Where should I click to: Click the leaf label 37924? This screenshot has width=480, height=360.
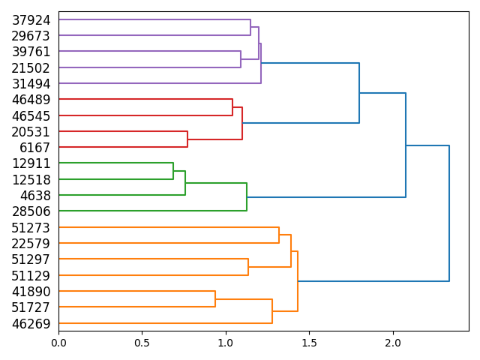[31, 20]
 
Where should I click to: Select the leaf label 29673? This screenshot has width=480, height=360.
[31, 36]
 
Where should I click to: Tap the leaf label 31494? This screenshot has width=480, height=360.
[31, 84]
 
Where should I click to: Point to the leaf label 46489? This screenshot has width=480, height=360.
[31, 100]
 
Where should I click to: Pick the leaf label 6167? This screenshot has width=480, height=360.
[35, 148]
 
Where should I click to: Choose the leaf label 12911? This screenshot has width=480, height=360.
[31, 163]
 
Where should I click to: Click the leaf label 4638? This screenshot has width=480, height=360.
[35, 196]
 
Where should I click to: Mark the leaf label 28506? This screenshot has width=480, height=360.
[31, 211]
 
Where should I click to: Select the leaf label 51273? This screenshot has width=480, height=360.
[31, 227]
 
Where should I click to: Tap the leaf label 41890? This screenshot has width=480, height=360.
[31, 291]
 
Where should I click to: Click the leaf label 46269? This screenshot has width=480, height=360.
[31, 323]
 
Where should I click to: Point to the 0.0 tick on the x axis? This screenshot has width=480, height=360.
[58, 342]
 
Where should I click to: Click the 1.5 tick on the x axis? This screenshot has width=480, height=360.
[309, 342]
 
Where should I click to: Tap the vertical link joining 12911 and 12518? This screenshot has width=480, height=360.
[173, 171]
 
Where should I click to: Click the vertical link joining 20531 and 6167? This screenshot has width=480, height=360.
[187, 139]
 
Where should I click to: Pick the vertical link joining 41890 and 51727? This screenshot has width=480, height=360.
[215, 298]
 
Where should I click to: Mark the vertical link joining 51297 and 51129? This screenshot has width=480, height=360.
[248, 267]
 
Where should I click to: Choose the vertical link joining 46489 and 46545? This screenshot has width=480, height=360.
[232, 107]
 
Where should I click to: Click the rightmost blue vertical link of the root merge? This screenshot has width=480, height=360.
[449, 214]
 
